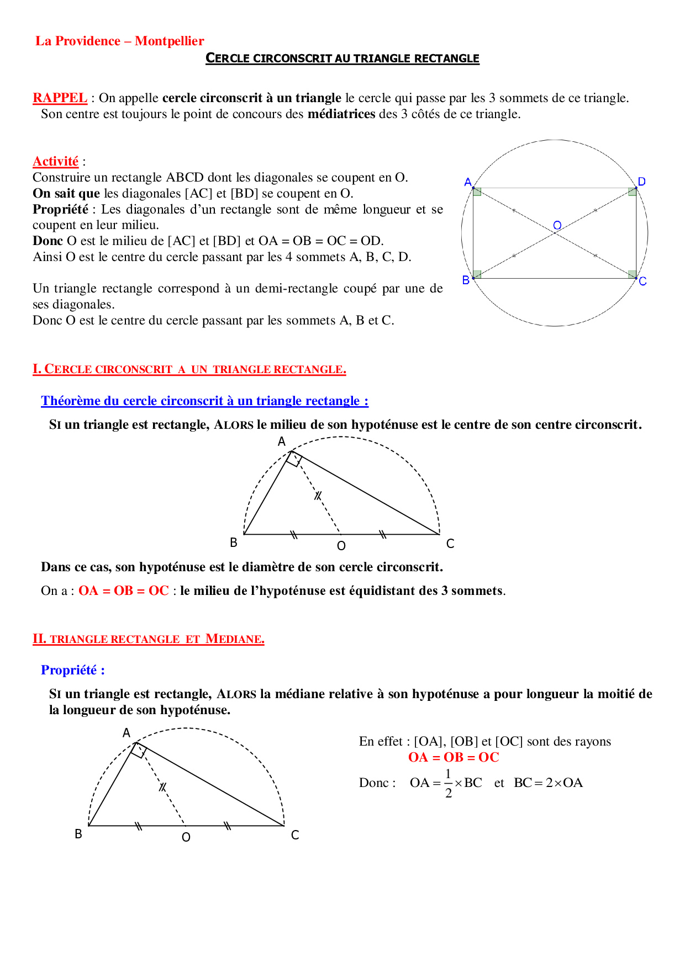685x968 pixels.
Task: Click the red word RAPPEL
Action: [x=60, y=98]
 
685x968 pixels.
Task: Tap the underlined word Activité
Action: [x=55, y=161]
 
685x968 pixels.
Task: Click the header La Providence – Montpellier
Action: [x=119, y=41]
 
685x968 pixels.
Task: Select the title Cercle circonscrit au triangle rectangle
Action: [x=342, y=58]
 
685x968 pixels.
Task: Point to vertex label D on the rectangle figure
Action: [x=641, y=182]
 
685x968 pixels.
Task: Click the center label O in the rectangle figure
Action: [x=557, y=225]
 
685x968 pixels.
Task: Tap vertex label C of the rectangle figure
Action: [x=642, y=281]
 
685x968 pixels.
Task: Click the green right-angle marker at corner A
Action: [x=477, y=192]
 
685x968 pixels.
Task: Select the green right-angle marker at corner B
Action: [x=477, y=274]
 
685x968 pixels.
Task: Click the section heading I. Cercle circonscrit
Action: [x=189, y=369]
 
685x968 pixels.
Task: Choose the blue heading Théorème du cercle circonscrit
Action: [x=204, y=401]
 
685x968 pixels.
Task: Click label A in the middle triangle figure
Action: [x=282, y=442]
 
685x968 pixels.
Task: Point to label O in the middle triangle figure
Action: [x=341, y=546]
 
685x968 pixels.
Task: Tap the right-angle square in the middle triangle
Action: [x=294, y=459]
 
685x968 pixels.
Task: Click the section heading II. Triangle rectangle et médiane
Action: [x=148, y=639]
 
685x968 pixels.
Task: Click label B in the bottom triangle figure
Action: [x=78, y=834]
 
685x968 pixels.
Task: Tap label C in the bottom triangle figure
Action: [x=295, y=835]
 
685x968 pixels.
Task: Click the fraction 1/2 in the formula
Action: [x=448, y=783]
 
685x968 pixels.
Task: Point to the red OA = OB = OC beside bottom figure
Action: [x=453, y=757]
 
